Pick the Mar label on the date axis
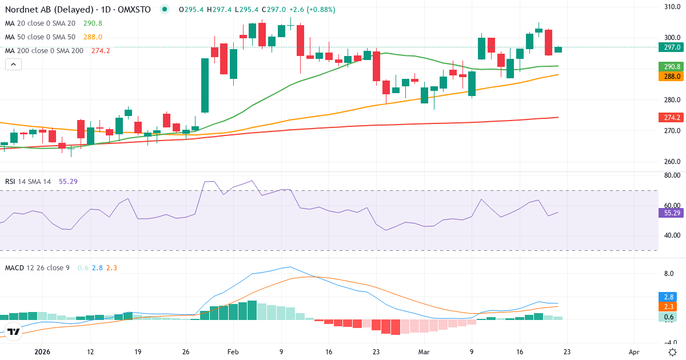[424, 353]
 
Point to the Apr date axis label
[634, 353]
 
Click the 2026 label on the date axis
[43, 353]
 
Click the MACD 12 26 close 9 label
[38, 267]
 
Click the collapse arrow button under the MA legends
[13, 65]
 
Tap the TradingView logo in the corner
[14, 331]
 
